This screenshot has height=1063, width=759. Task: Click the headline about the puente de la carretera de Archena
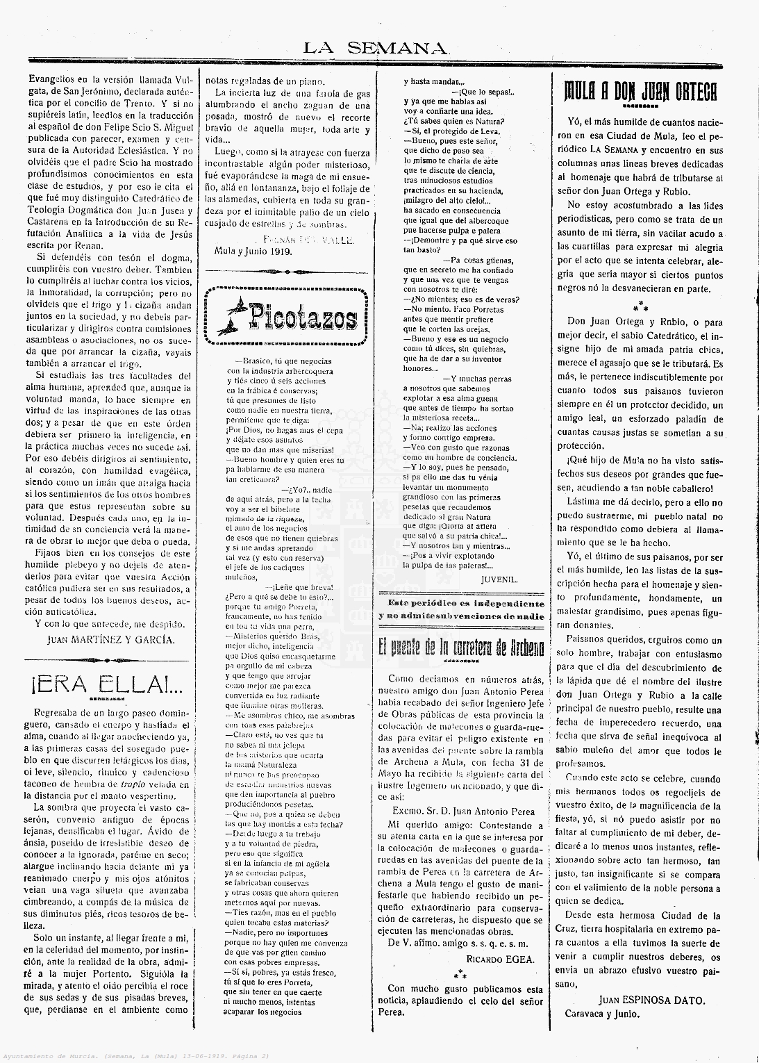tap(461, 648)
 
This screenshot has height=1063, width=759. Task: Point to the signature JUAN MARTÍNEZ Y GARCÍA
tap(111, 639)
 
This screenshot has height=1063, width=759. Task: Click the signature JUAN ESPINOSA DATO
tap(651, 1000)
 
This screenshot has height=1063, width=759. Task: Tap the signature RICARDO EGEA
tap(501, 959)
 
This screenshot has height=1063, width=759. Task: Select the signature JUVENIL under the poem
tap(499, 578)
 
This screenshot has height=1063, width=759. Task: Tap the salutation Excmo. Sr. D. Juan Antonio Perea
tap(461, 811)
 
